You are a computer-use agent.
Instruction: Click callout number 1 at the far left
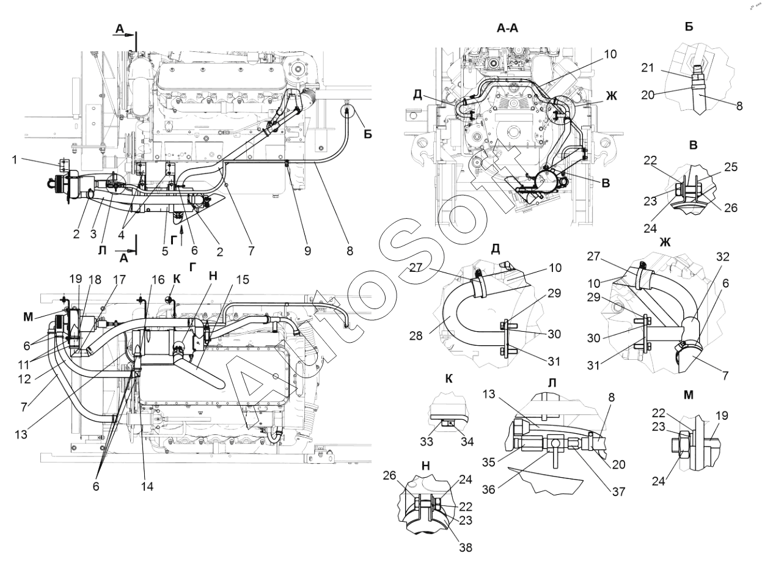[15, 159]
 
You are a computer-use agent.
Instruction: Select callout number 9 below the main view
[307, 250]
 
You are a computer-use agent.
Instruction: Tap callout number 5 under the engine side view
[164, 250]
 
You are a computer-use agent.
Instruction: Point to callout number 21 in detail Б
[648, 68]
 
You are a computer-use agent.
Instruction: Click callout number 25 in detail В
[731, 167]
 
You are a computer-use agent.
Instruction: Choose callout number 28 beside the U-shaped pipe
[416, 335]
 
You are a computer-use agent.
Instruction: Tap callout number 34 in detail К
[467, 442]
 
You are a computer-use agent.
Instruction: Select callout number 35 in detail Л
[489, 464]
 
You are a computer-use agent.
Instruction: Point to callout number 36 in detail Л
[489, 490]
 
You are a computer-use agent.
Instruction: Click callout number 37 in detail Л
[618, 492]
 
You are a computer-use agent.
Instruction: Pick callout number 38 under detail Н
[466, 548]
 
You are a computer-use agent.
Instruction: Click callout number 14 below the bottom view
[147, 487]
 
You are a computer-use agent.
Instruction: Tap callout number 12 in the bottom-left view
[24, 379]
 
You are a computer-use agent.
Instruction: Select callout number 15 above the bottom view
[243, 280]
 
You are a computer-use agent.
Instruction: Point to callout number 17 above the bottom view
[119, 280]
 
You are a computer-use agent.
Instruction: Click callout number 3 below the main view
[93, 234]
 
